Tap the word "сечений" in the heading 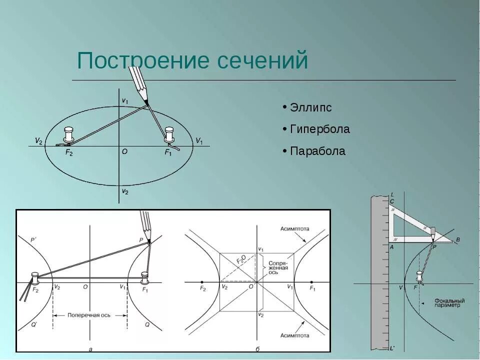click(263, 61)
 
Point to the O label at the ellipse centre click(124, 151)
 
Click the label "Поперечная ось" click(90, 315)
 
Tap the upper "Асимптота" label click(294, 228)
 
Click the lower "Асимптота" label click(294, 335)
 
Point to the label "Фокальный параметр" click(449, 303)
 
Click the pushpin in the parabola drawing click(420, 276)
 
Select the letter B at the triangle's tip click(457, 240)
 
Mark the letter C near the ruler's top click(392, 201)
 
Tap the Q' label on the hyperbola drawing click(33, 324)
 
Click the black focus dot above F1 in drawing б click(311, 281)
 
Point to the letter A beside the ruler click(391, 246)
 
